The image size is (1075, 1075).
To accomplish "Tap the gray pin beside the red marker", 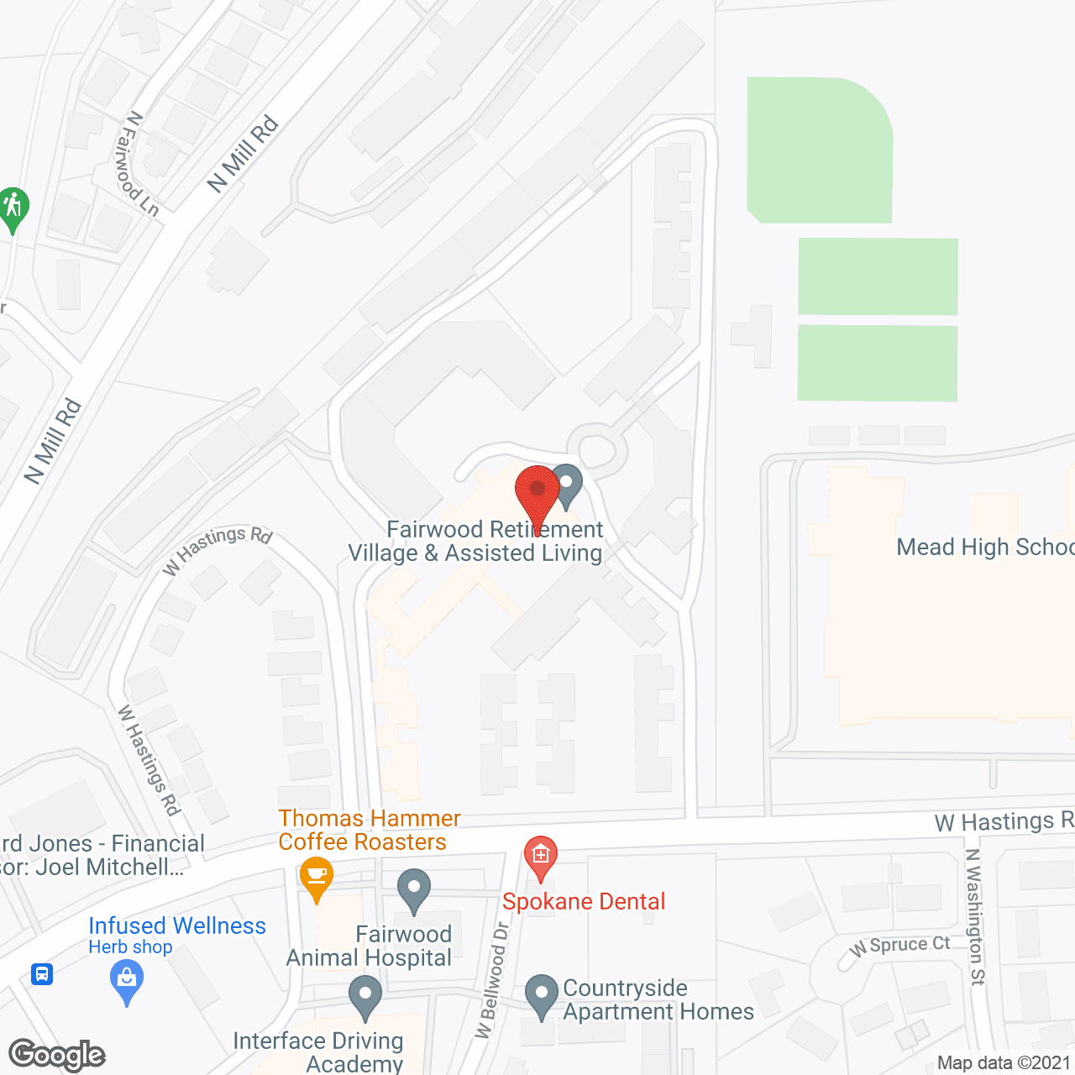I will point(568,485).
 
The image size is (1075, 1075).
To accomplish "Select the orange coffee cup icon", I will point(316,877).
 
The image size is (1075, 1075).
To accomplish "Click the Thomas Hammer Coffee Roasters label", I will point(369,830).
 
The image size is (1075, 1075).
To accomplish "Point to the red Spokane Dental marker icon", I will point(540,857).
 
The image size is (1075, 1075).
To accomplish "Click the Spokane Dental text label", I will point(584,902).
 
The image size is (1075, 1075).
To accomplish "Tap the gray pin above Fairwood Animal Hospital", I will point(413,889).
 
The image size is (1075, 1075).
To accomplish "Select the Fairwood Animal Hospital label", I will point(370,946).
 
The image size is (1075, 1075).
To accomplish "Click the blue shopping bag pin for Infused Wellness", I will point(127,980).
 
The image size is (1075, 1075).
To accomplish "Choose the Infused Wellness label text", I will point(177,926).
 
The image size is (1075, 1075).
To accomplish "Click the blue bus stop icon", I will point(42,974).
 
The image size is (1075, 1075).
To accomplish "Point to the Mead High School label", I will point(984,548).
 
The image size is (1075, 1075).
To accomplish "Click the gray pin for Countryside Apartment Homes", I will point(542,995).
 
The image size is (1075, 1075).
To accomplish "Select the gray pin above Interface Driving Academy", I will point(364,996).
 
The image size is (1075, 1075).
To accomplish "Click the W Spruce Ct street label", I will point(899,946).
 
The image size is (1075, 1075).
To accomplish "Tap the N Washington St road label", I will point(974,916).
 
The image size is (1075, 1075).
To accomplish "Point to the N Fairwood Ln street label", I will point(139,164).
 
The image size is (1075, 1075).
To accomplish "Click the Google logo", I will point(57,1055).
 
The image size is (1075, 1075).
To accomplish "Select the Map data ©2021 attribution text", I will point(1004,1063).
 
